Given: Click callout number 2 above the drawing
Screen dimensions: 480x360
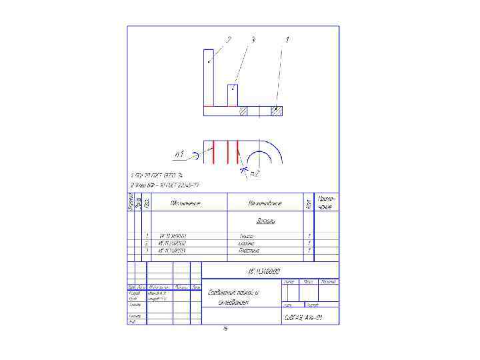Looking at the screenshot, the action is tap(229, 40).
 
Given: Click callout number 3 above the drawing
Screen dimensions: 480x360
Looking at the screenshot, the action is tap(253, 40).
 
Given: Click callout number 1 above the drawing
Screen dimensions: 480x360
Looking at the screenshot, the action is tap(287, 40).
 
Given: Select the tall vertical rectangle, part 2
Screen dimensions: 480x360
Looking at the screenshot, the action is tap(209, 77).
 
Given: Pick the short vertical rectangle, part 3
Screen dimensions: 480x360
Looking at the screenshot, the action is tap(233, 95).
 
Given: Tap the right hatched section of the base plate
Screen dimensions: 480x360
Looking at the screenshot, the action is tap(275, 111).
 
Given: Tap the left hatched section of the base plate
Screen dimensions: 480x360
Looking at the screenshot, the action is tap(243, 111).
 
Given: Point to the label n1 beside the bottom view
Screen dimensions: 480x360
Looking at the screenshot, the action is tap(179, 155).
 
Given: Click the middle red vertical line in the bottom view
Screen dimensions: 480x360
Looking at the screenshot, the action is tap(226, 151).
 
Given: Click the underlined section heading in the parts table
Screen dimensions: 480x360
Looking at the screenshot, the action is tap(267, 221).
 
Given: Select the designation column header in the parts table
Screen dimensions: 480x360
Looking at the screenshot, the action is tap(186, 203).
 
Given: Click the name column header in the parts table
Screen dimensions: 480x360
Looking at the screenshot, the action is tap(265, 203).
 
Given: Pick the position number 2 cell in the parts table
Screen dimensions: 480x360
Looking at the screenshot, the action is tap(146, 243).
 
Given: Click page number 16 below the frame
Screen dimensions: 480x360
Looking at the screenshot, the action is tap(225, 329).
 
